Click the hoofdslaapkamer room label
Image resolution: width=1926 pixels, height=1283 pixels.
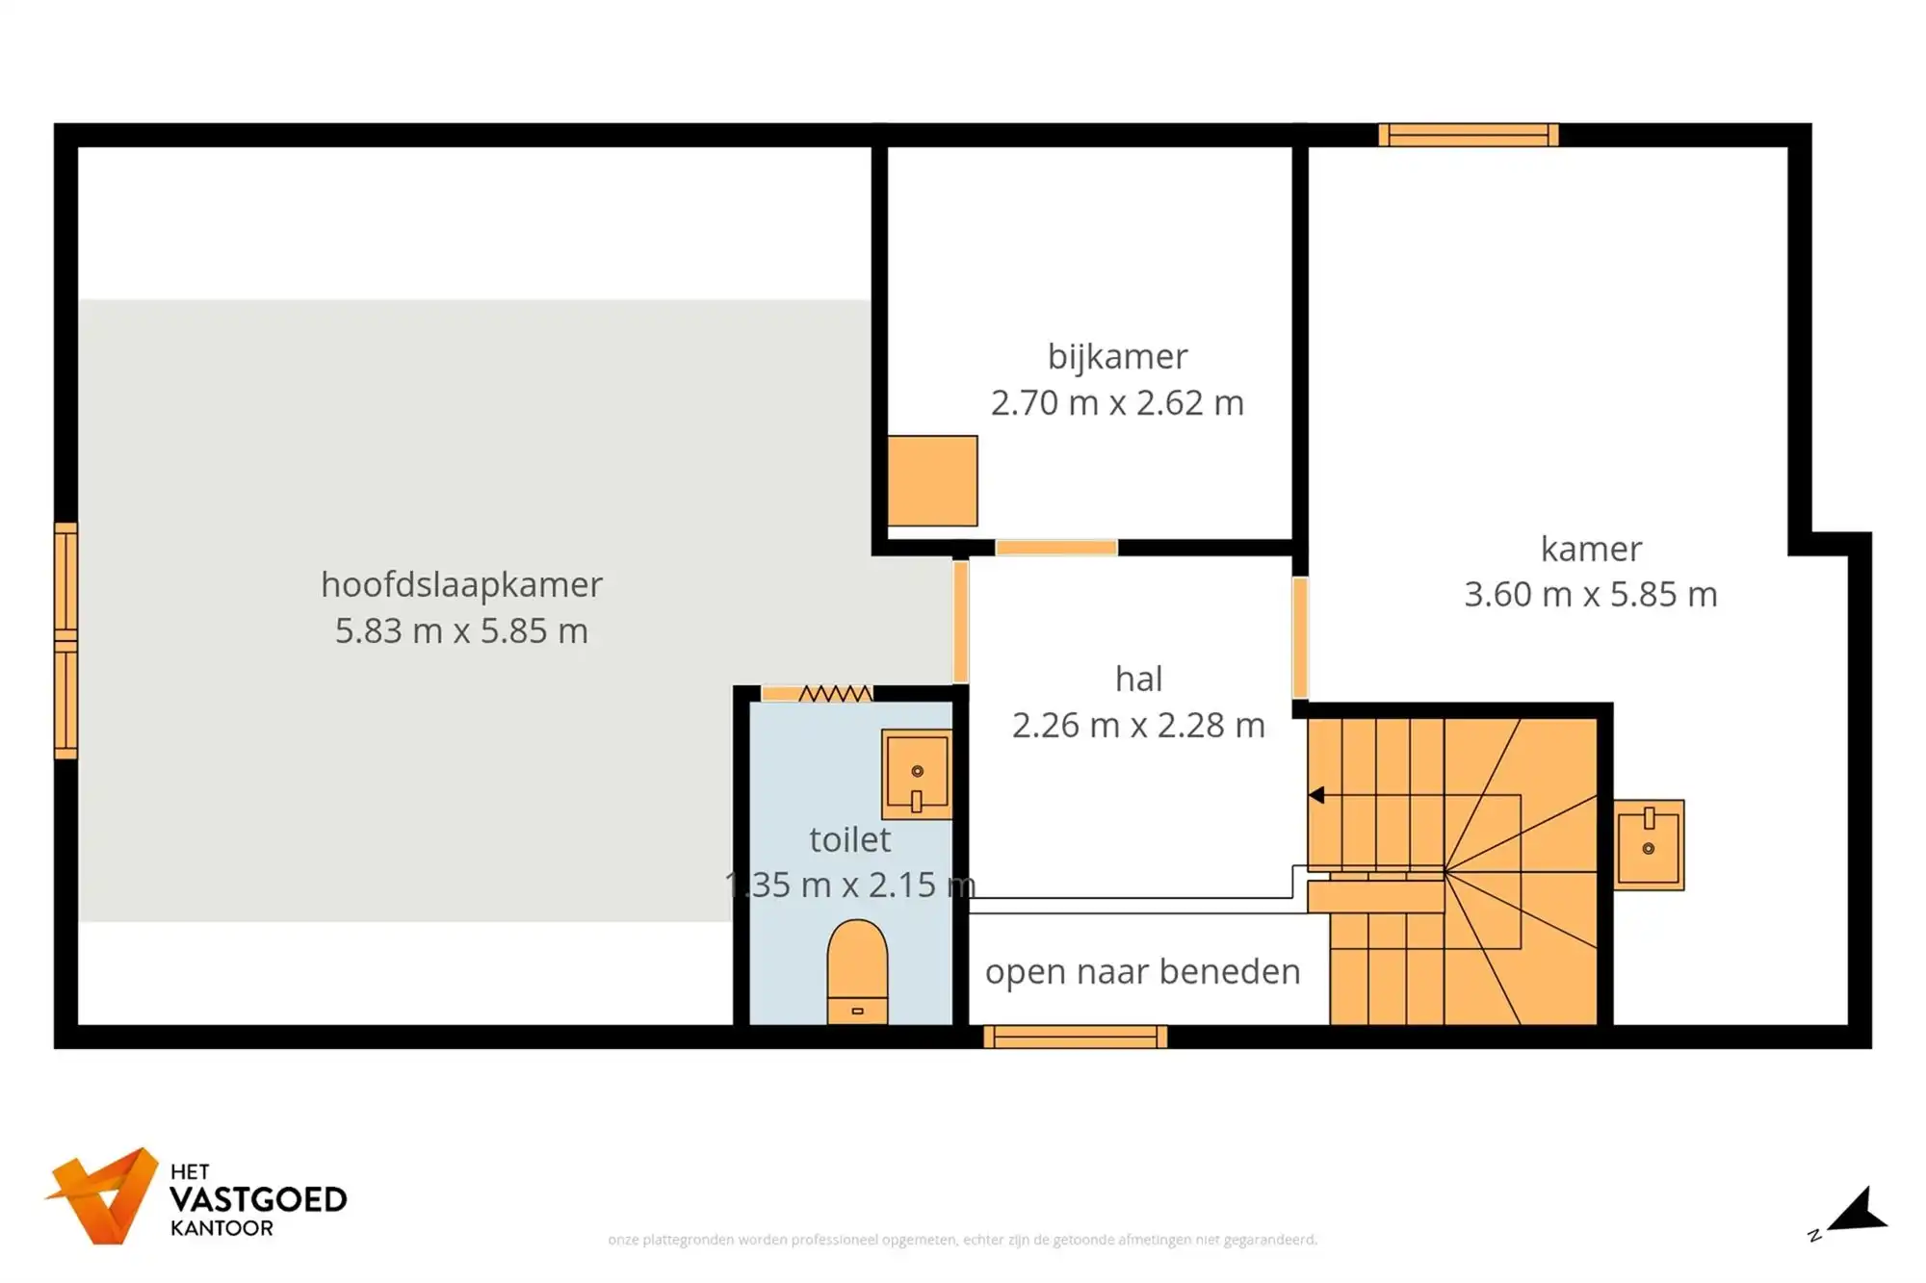461,584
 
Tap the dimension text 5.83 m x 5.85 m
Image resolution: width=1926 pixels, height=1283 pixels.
461,630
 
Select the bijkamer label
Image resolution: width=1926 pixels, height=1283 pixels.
1117,356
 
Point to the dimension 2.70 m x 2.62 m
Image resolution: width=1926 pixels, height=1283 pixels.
1117,402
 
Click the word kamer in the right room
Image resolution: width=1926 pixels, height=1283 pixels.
1591,549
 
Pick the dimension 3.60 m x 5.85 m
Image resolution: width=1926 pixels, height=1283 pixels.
1591,594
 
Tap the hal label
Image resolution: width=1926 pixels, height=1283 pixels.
1138,679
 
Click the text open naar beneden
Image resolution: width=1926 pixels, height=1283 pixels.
1142,971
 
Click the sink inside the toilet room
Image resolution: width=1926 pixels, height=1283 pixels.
917,774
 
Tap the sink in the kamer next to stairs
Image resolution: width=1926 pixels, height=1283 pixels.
1649,844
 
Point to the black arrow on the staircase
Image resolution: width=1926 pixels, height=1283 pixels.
1316,795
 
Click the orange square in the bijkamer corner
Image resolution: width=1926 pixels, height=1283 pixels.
932,480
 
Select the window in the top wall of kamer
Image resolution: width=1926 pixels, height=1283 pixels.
1468,135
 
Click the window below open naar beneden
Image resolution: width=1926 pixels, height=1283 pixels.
1075,1037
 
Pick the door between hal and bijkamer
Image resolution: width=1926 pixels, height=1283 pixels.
1056,548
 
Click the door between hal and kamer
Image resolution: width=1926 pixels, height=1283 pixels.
1299,637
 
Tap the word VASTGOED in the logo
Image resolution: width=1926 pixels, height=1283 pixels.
258,1199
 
